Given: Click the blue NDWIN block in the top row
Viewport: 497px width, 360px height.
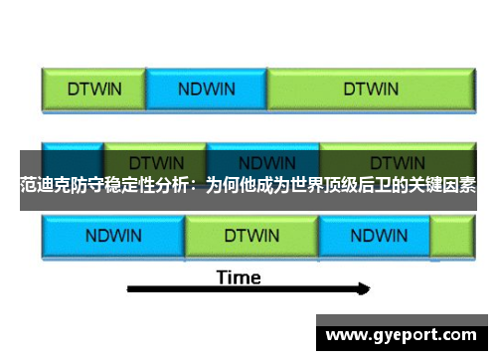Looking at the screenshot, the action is pos(207,88).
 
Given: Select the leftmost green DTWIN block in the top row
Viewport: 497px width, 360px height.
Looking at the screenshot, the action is pos(94,88).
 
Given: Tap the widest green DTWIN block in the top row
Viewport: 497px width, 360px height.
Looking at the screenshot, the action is pos(371,88).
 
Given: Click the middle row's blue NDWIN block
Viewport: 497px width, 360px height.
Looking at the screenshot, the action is pos(265,159).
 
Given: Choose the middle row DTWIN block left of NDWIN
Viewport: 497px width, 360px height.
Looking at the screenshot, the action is pos(155,159).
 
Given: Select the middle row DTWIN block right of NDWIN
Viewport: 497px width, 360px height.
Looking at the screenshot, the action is pos(397,159).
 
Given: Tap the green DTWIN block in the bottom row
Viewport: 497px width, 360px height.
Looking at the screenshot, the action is pos(251,237).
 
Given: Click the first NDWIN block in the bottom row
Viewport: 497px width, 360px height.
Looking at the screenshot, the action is pos(113,237).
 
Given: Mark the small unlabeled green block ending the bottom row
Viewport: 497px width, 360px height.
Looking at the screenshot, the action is pos(451,237).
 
